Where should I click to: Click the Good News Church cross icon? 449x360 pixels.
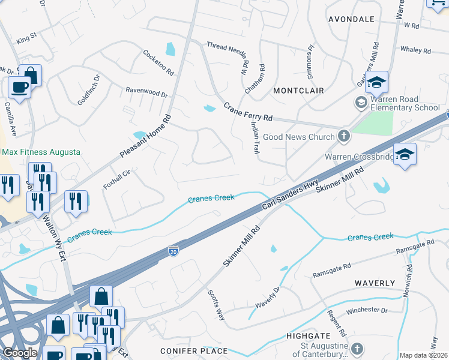click(344, 137)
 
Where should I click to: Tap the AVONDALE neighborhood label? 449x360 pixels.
click(351, 19)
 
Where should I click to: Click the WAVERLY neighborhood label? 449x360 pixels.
click(375, 283)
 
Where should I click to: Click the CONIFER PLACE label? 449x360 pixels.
click(194, 350)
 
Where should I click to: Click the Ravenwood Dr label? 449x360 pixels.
click(146, 93)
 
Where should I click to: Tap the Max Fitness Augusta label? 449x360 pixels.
click(40, 152)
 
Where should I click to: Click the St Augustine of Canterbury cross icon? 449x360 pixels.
click(357, 349)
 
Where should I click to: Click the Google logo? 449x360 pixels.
click(20, 353)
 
